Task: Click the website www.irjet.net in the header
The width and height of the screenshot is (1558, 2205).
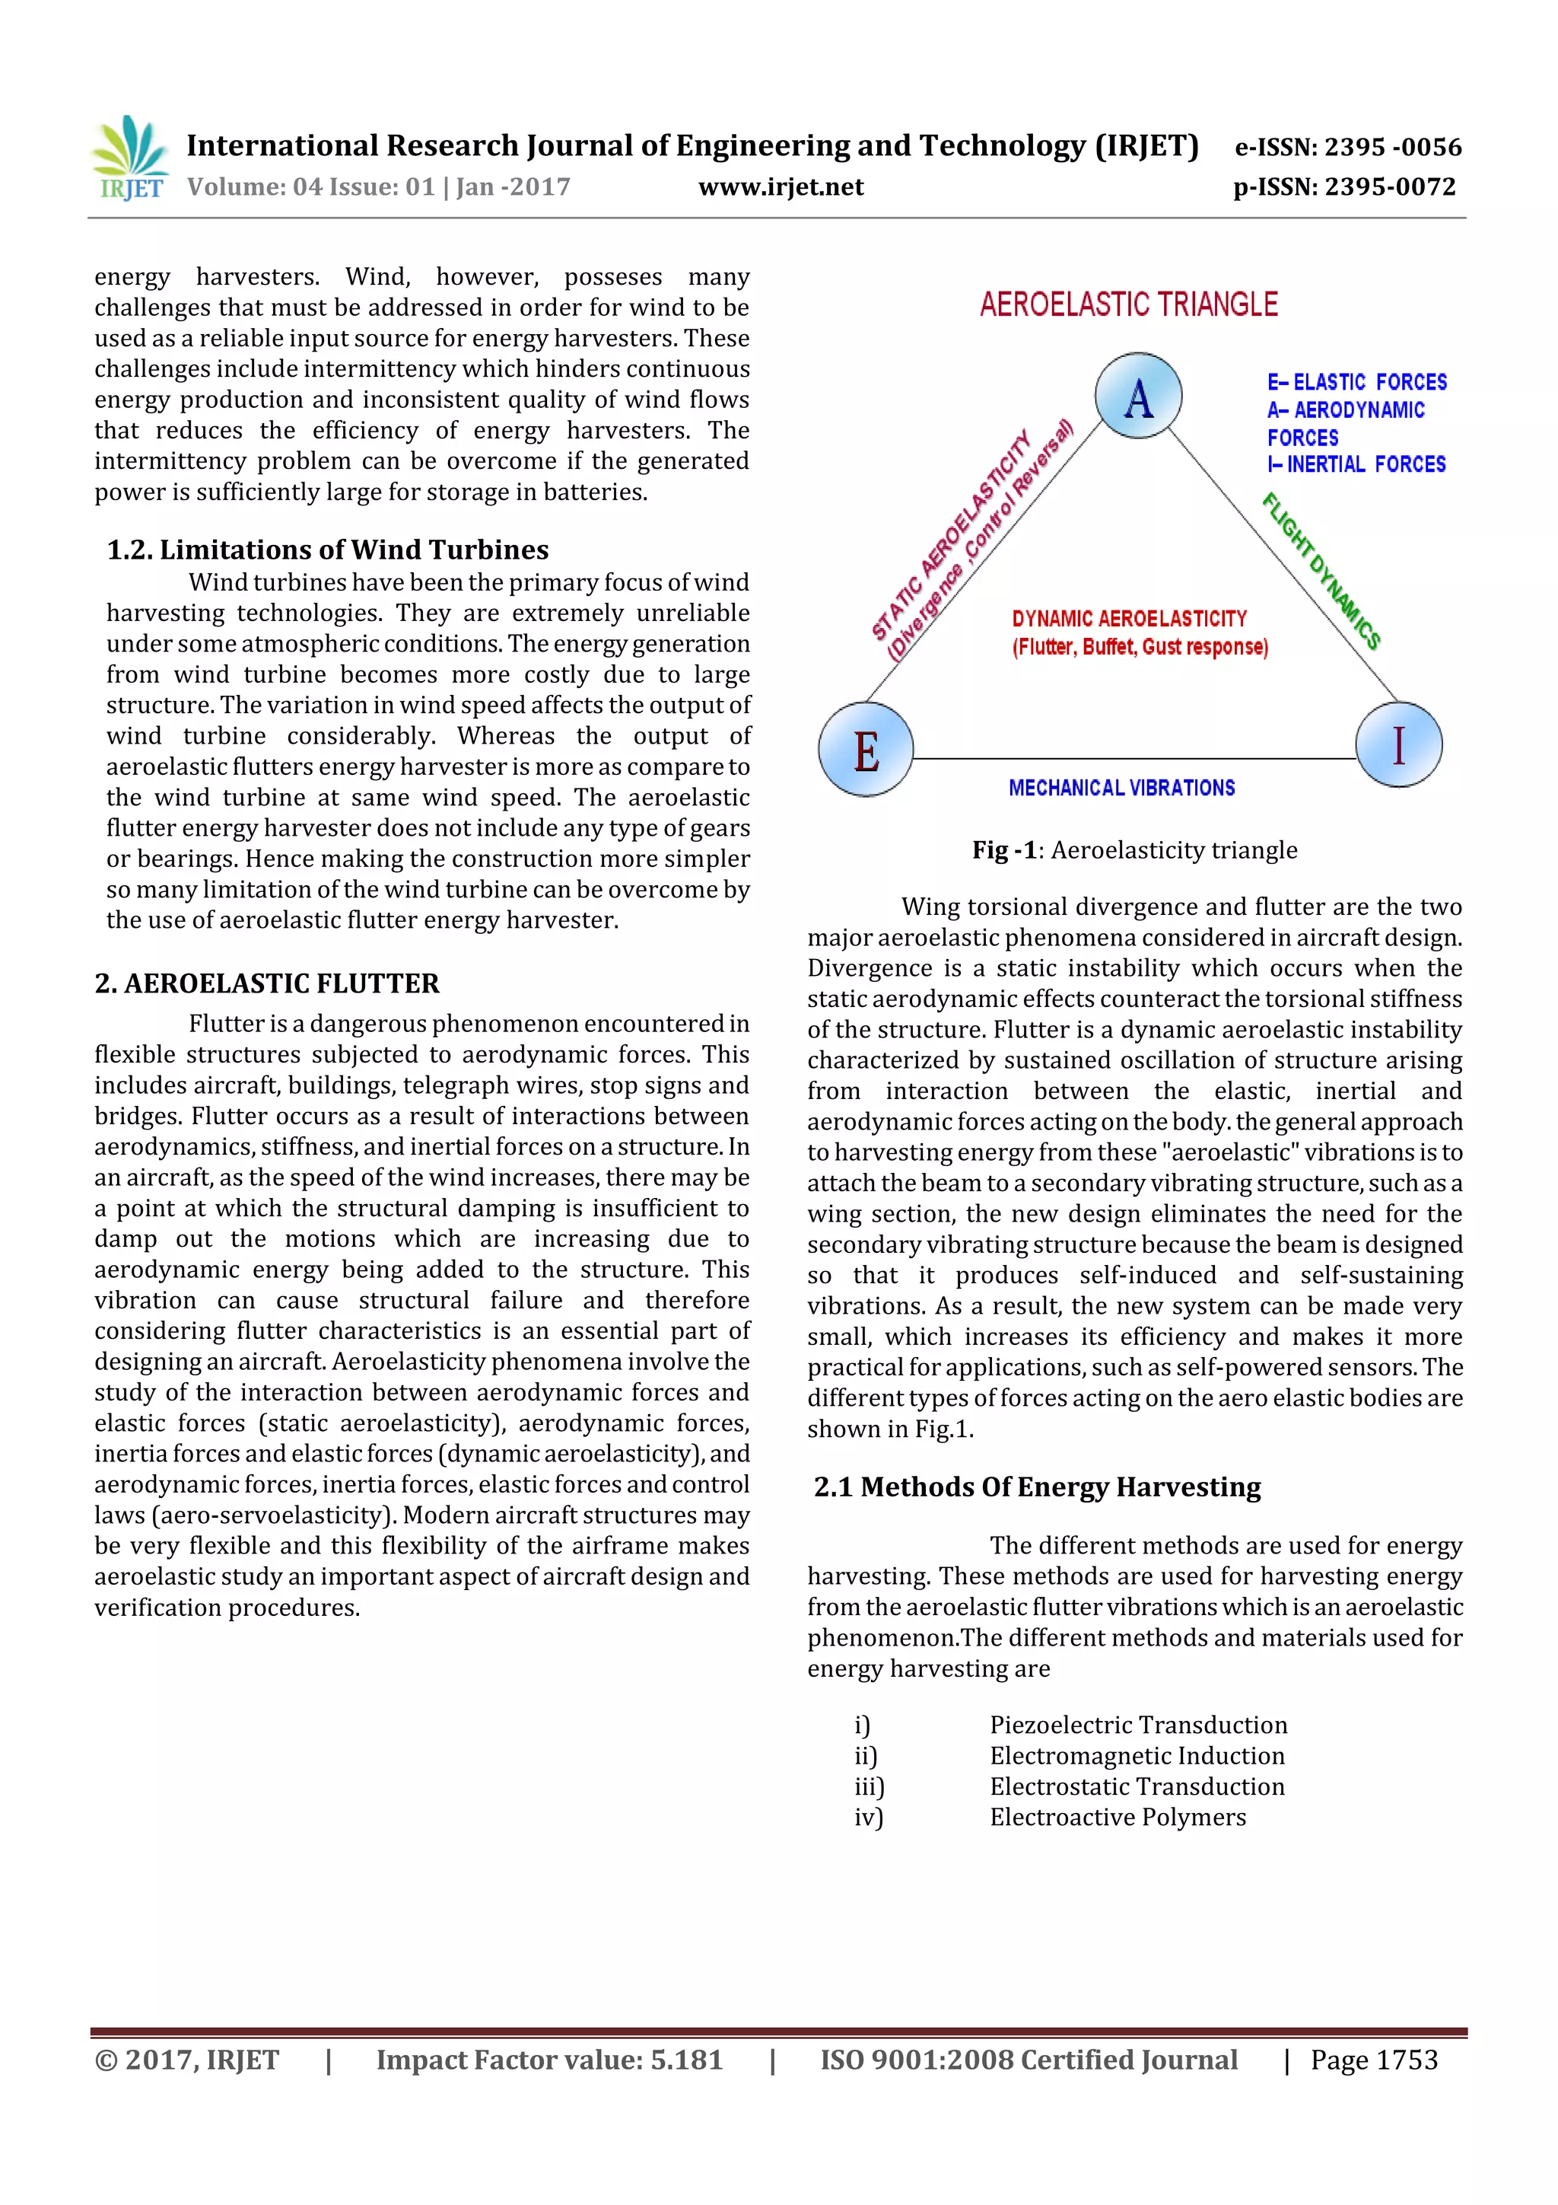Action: [x=781, y=187]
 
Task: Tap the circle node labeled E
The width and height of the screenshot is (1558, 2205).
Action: [x=865, y=750]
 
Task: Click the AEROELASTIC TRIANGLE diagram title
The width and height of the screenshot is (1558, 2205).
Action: [x=1128, y=305]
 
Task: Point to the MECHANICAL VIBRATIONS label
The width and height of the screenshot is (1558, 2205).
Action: [x=1121, y=789]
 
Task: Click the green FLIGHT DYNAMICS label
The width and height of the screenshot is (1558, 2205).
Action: [x=1322, y=572]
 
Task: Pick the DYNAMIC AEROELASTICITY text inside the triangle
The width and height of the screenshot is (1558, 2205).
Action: [x=1129, y=620]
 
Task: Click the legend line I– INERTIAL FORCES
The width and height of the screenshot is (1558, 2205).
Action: [x=1356, y=465]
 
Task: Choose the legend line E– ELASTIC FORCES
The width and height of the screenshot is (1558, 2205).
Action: [x=1356, y=382]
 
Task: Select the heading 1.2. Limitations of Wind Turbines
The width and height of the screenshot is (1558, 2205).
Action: [x=327, y=550]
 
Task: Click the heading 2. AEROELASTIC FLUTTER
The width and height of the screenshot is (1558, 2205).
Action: [x=267, y=983]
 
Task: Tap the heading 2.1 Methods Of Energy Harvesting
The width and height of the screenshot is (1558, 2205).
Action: [x=1037, y=1486]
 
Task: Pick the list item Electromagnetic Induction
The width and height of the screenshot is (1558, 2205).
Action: [x=1137, y=1755]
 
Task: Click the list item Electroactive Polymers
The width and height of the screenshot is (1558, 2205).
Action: [x=1118, y=1817]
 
